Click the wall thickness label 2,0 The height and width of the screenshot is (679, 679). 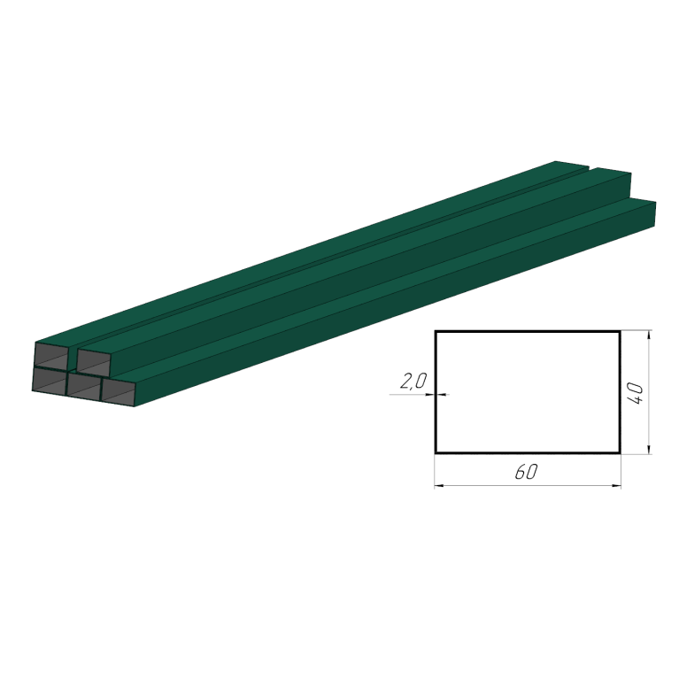coord(413,382)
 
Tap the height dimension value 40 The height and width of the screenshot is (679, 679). coord(635,393)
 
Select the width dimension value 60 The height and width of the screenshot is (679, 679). coord(526,472)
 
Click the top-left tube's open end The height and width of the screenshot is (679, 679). coord(51,356)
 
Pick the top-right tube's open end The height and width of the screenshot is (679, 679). coord(93,362)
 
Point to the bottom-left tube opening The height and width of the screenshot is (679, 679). coord(50,381)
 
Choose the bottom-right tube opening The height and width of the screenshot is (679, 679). coord(118,392)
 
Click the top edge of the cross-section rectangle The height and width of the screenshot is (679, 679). coord(528,332)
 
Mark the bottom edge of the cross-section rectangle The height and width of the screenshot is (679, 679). coord(528,453)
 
